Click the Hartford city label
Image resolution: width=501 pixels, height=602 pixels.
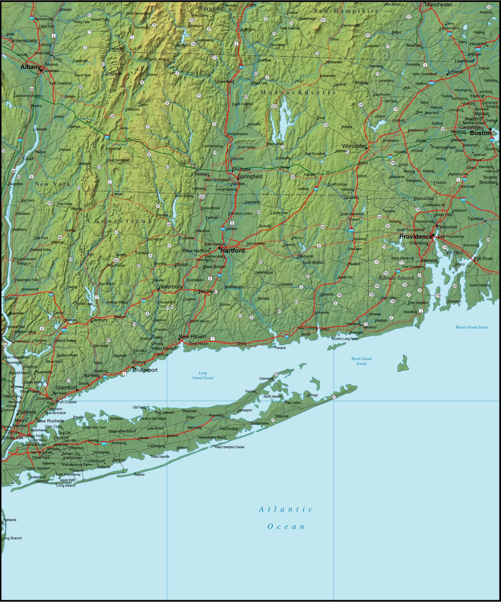(x=233, y=250)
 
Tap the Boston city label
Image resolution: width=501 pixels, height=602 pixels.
(x=480, y=133)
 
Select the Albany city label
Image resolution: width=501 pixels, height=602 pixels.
(x=30, y=67)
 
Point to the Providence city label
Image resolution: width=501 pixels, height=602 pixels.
(x=416, y=236)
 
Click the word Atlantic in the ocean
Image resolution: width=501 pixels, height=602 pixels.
(x=286, y=509)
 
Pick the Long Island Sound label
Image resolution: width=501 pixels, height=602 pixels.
(x=203, y=375)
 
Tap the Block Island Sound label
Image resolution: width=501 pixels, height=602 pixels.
(x=361, y=361)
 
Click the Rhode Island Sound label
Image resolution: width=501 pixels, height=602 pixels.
(x=472, y=327)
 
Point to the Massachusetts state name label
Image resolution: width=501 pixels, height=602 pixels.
(x=298, y=92)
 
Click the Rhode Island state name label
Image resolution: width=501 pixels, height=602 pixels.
(x=396, y=278)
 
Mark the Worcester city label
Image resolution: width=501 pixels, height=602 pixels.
(x=354, y=146)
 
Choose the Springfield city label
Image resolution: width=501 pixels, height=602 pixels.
(x=250, y=177)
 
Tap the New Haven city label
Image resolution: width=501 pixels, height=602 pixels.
(x=192, y=336)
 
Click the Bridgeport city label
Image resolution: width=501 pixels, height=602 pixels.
(x=145, y=370)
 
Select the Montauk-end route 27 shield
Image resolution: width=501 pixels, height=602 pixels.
(x=334, y=397)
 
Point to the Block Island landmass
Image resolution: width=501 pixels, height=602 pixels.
(x=403, y=365)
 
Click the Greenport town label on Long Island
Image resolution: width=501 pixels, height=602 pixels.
(x=266, y=379)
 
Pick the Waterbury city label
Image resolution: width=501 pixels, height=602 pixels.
(x=170, y=287)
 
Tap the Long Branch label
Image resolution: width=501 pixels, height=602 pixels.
(x=12, y=538)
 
